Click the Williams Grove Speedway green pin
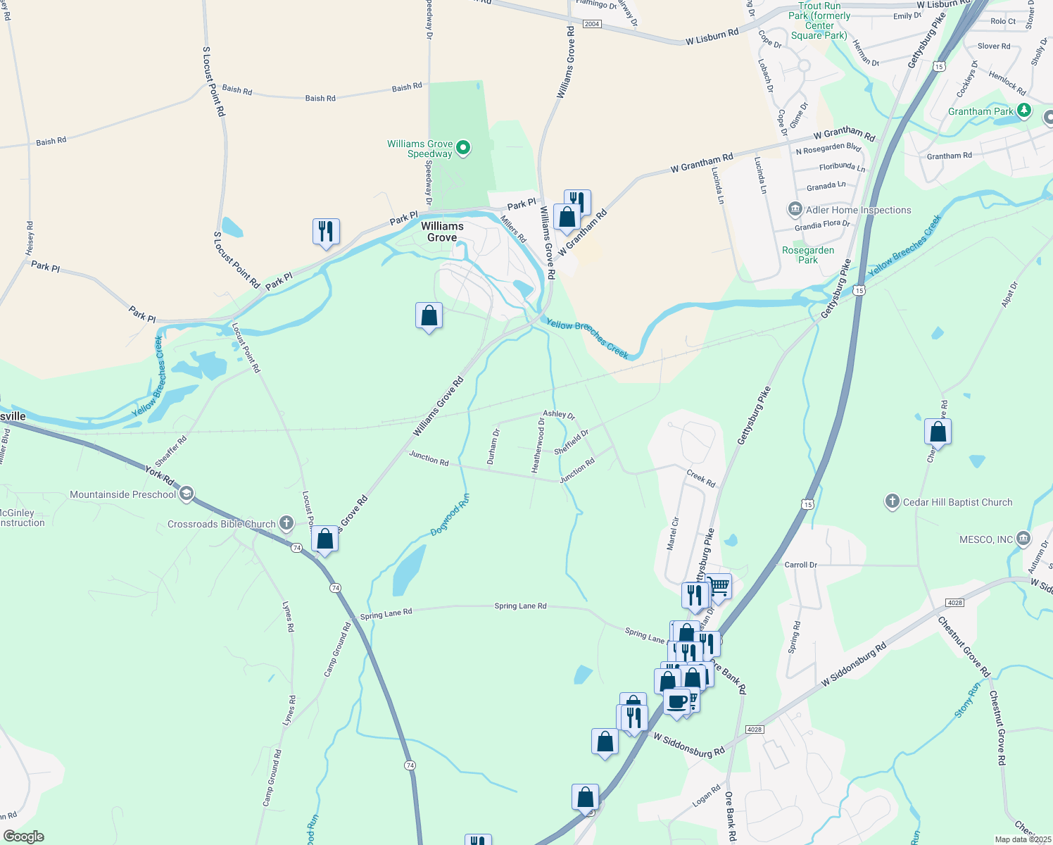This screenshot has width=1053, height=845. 463,148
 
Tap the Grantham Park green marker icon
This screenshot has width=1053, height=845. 1024,111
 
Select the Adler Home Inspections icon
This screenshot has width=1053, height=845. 795,210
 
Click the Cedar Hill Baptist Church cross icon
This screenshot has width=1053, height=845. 892,502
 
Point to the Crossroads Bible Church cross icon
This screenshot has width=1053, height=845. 286,523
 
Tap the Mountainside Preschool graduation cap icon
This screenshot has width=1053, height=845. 186,494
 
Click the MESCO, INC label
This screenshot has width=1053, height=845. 986,540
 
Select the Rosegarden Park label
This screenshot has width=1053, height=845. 808,255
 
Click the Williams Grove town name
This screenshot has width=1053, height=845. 442,232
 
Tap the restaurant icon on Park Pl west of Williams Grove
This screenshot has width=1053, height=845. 326,231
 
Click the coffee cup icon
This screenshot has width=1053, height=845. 677,701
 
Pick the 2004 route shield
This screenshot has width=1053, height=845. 591,24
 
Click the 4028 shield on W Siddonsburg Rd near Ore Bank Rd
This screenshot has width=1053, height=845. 755,729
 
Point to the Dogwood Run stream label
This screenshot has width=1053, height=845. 450,515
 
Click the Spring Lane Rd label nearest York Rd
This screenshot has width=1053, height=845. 386,614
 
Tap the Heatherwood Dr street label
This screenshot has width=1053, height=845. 538,445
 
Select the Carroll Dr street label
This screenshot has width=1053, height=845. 801,565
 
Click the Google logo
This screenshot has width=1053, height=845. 24,837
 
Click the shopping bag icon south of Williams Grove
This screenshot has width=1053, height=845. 429,316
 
